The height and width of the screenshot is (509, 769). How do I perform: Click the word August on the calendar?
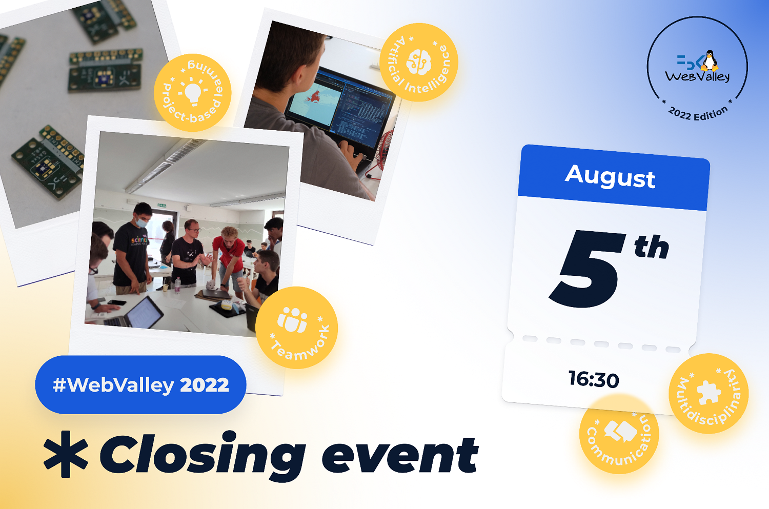click(610, 176)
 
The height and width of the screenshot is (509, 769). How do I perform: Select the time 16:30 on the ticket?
click(594, 379)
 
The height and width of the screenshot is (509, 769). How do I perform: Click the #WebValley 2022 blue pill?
click(140, 384)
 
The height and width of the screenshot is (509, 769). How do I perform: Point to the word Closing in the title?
click(202, 455)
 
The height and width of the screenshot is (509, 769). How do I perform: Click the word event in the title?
click(400, 455)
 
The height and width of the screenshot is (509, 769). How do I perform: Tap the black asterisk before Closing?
click(66, 454)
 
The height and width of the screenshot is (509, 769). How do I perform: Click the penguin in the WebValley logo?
click(709, 61)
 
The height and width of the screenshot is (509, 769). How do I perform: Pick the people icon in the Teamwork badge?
click(292, 319)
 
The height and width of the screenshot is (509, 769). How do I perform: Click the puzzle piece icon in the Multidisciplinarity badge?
click(709, 392)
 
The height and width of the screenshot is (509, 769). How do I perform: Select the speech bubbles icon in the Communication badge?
click(620, 431)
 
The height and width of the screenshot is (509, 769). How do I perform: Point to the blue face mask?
click(141, 222)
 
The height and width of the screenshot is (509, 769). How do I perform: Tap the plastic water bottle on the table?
click(177, 285)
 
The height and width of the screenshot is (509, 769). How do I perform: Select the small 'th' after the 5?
click(651, 247)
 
